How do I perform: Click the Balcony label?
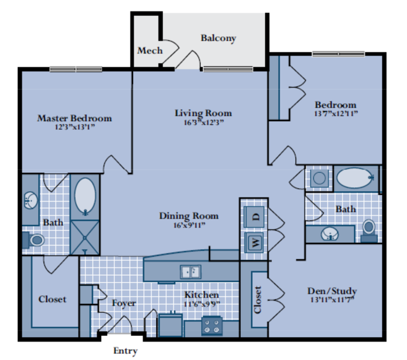click(x=218, y=38)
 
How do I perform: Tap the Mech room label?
click(x=150, y=50)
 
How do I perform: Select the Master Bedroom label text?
click(x=75, y=118)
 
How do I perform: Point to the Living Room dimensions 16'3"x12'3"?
click(x=203, y=123)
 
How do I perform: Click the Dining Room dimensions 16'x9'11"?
click(x=189, y=226)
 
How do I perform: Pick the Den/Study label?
click(x=332, y=291)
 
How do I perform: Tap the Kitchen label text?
click(x=202, y=294)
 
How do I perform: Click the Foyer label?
click(x=124, y=303)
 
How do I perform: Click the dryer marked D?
click(x=254, y=215)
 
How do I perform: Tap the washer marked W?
click(x=254, y=242)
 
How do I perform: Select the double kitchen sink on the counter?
click(x=190, y=272)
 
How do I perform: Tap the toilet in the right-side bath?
click(x=369, y=228)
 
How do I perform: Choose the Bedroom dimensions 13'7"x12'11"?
click(x=336, y=114)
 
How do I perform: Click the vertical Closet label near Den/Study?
click(x=258, y=299)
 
